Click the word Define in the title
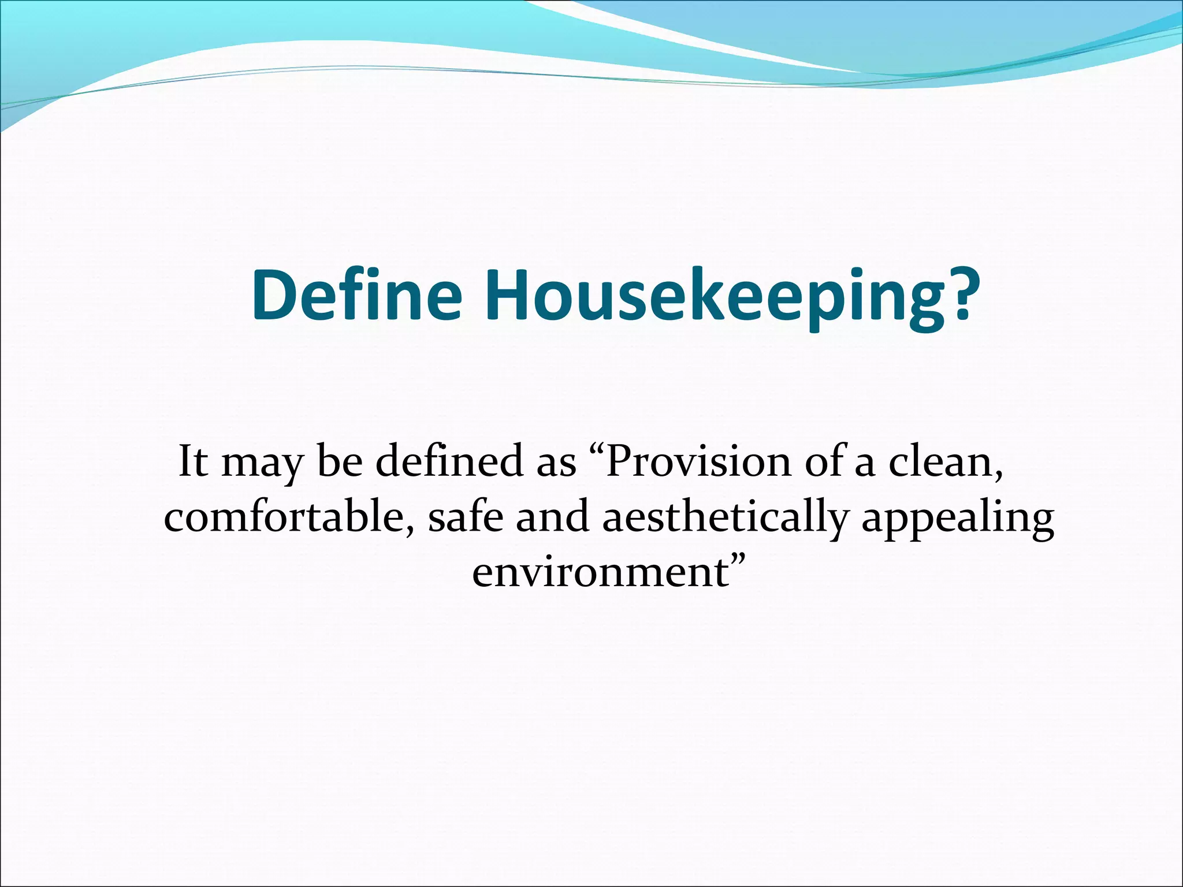tap(357, 296)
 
